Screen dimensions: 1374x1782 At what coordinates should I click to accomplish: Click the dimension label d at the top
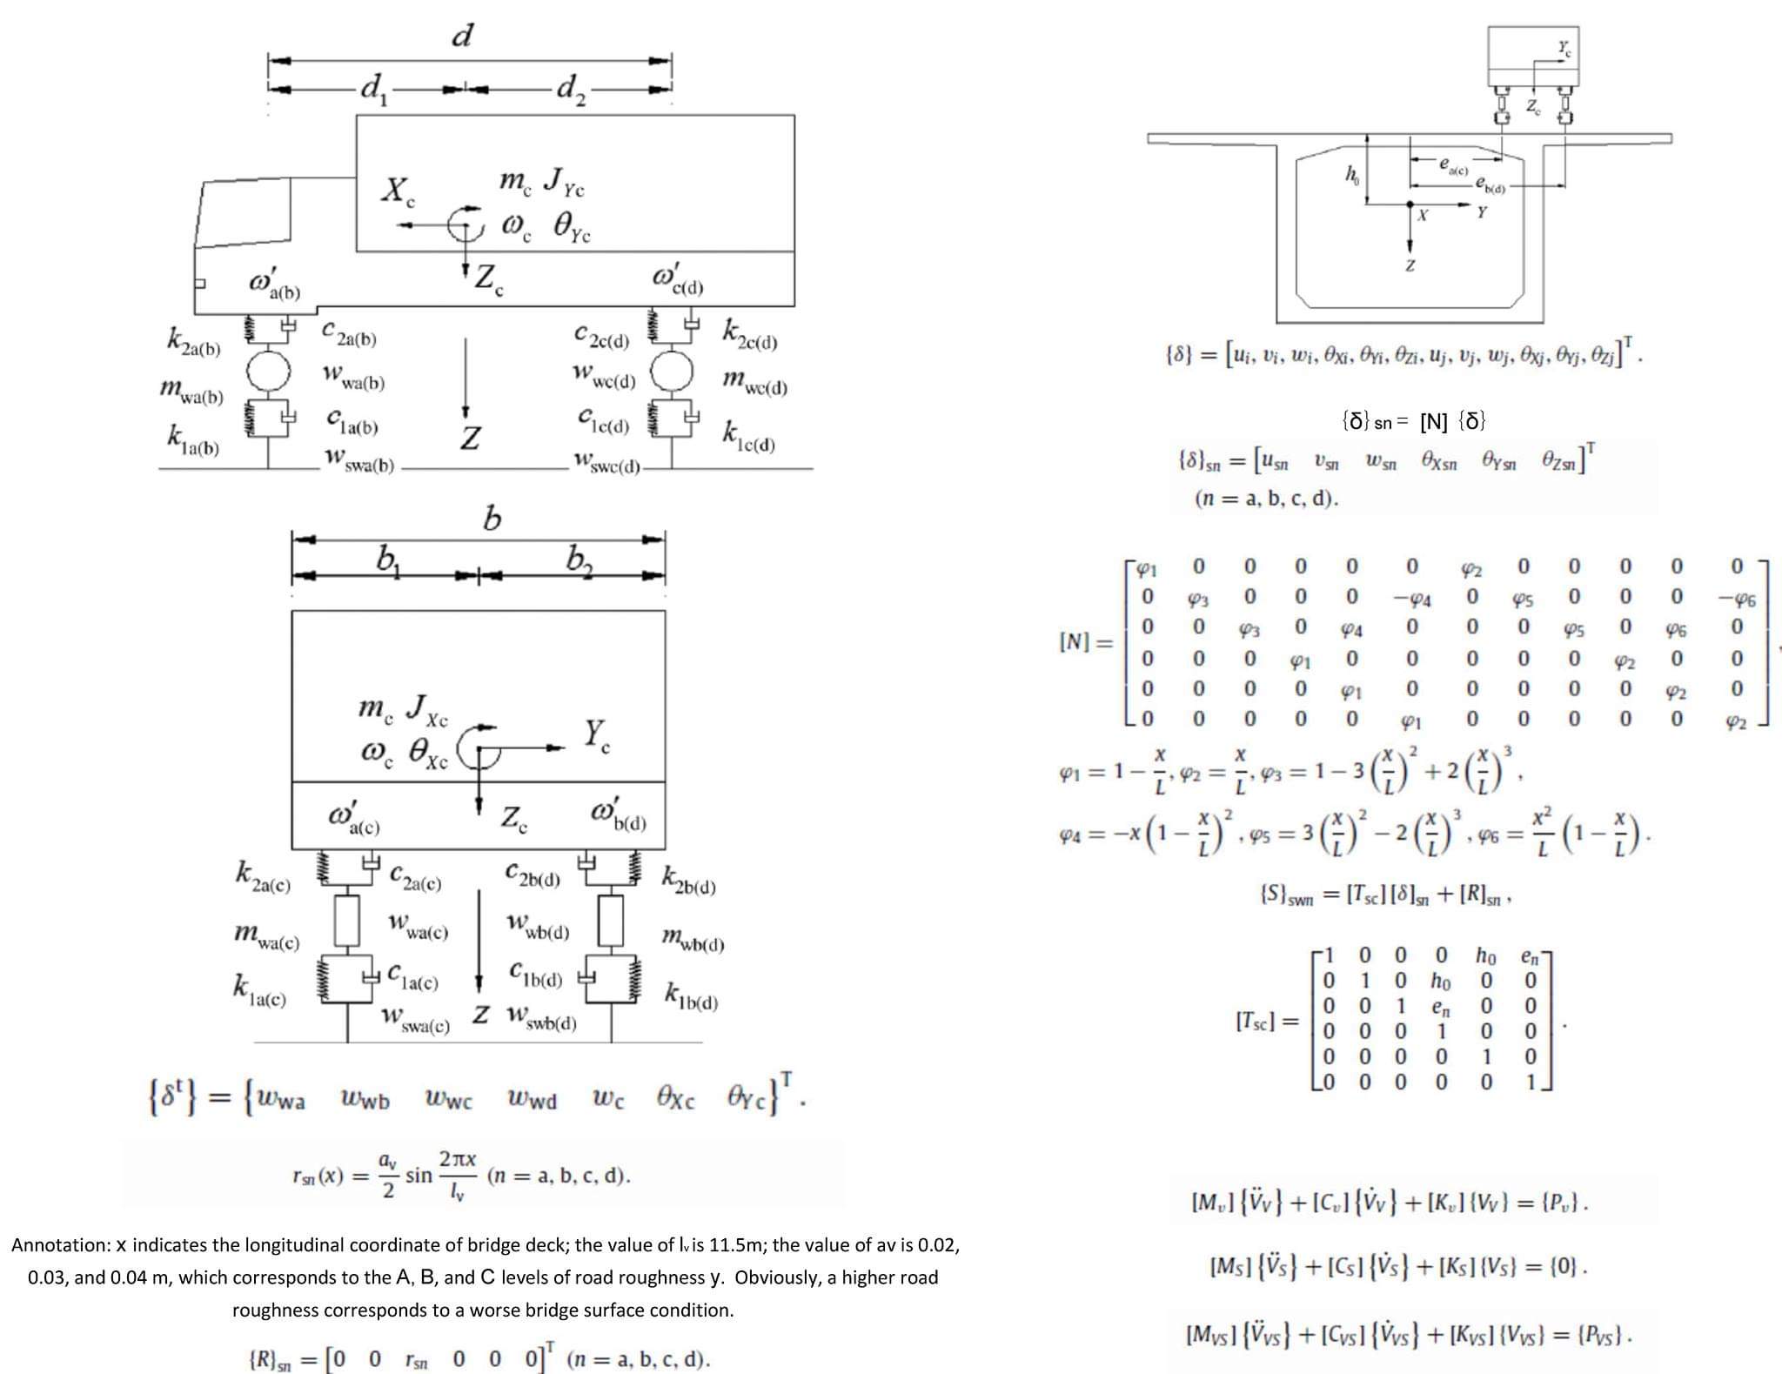click(x=463, y=36)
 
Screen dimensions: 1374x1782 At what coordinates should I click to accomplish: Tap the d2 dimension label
click(x=571, y=88)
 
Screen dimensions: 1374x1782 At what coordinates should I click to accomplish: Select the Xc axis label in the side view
click(x=398, y=191)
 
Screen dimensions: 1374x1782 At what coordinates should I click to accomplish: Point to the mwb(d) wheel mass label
click(x=693, y=939)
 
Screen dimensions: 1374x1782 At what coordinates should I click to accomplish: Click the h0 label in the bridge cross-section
click(x=1351, y=175)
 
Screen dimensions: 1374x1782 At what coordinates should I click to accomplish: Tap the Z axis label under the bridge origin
click(x=1410, y=265)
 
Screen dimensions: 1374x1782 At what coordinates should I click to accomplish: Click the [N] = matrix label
click(x=1086, y=642)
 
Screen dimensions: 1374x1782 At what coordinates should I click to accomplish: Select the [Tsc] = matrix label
click(x=1267, y=1020)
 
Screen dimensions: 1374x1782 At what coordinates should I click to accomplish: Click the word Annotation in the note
click(x=60, y=1245)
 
